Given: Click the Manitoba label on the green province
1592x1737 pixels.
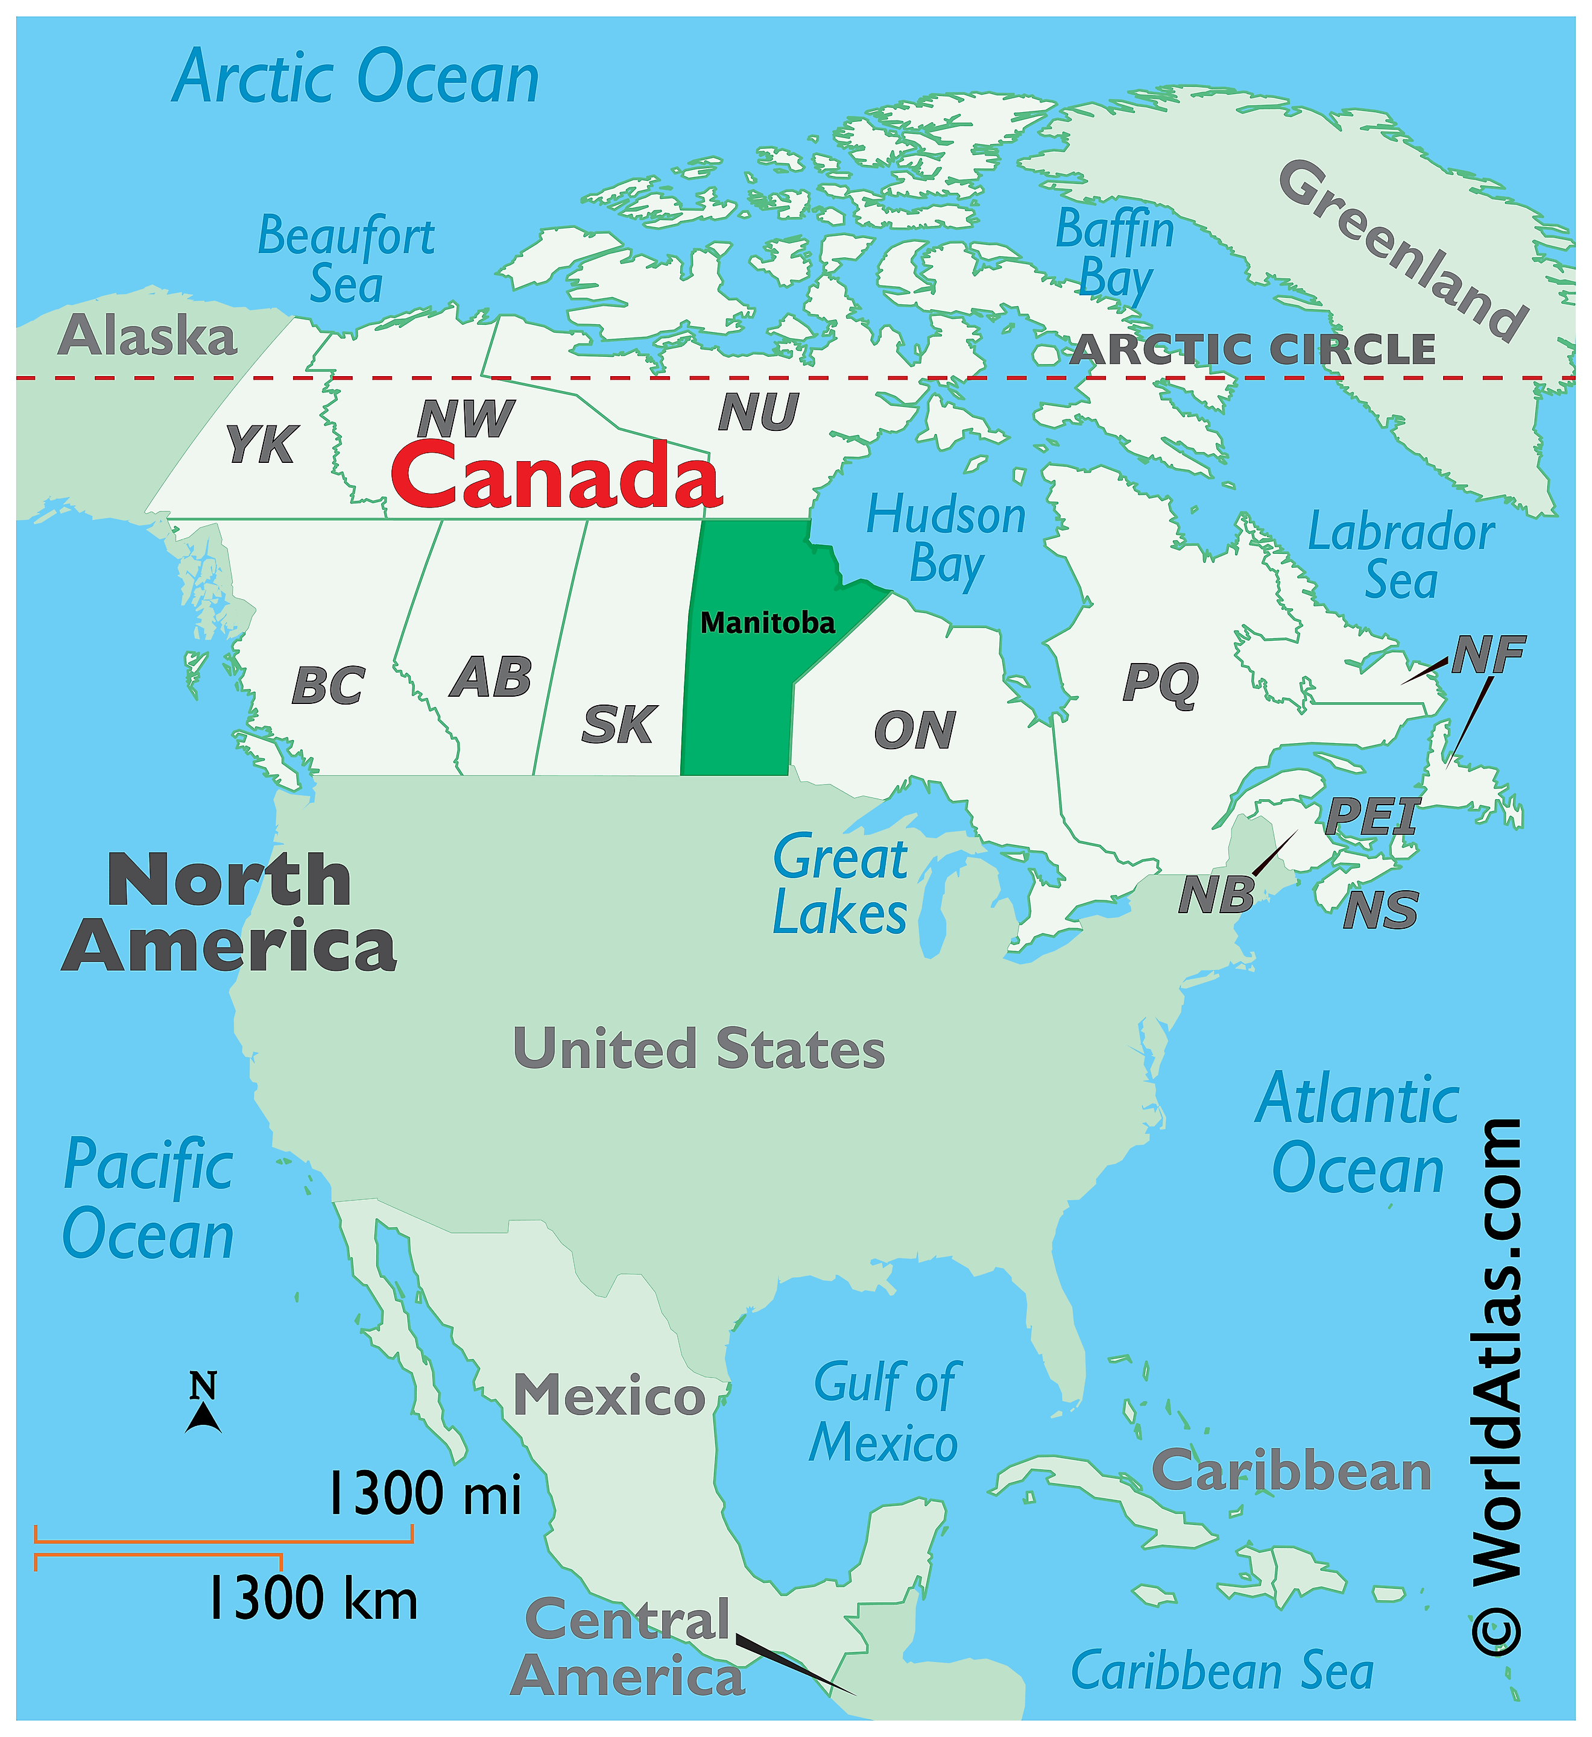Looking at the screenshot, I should coord(767,623).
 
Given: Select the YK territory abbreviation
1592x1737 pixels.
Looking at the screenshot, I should coord(261,445).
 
